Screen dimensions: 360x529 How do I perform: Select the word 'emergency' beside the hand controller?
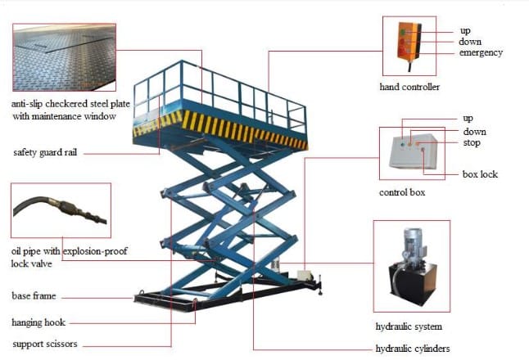point(482,53)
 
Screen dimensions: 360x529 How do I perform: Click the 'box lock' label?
point(479,174)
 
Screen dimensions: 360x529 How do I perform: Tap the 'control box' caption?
point(402,193)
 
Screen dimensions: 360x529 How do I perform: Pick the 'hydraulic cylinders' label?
point(413,349)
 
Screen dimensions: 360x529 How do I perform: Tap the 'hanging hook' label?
point(38,322)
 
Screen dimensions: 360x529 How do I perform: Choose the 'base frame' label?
point(34,295)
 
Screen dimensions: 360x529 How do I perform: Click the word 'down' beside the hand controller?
point(470,42)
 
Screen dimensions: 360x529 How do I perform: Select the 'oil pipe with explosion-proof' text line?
point(70,251)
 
